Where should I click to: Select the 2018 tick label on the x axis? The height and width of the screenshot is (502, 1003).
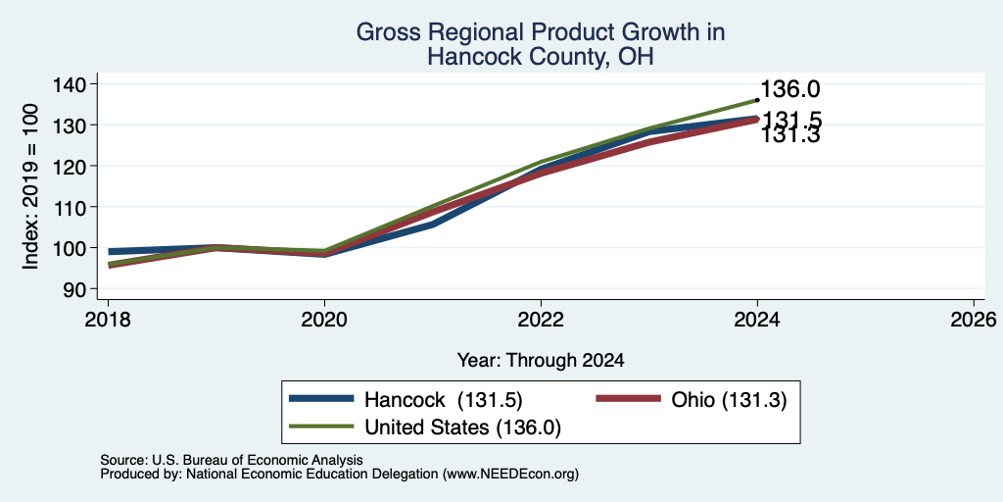click(108, 319)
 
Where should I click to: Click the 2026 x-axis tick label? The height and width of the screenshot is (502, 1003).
click(974, 319)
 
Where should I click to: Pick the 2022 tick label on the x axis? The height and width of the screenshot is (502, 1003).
click(541, 319)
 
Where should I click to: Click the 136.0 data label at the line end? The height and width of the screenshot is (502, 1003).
click(790, 89)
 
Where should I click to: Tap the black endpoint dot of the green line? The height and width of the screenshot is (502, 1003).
click(757, 100)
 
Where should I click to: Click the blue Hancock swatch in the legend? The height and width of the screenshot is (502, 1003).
click(321, 399)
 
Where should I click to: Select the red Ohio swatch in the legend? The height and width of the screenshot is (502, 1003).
click(628, 399)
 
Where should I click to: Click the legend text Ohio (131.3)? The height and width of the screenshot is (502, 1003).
click(729, 400)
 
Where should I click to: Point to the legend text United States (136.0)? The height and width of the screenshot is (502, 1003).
click(462, 427)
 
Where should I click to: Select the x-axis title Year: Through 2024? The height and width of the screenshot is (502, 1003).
click(541, 361)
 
